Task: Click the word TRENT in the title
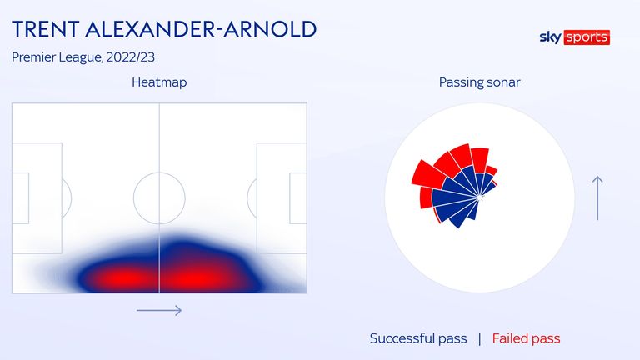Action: pyautogui.click(x=46, y=29)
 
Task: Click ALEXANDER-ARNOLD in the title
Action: pyautogui.click(x=201, y=29)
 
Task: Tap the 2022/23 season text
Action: pyautogui.click(x=130, y=57)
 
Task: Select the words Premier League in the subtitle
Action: pyautogui.click(x=57, y=57)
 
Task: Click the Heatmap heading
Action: pyautogui.click(x=159, y=82)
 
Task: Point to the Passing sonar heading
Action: pyautogui.click(x=480, y=82)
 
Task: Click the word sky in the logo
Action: pyautogui.click(x=550, y=37)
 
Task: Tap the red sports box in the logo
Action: pyautogui.click(x=587, y=37)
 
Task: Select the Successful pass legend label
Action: pyautogui.click(x=418, y=338)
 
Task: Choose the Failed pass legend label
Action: pyautogui.click(x=526, y=338)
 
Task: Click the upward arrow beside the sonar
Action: pyautogui.click(x=597, y=198)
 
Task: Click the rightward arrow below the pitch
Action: pyautogui.click(x=159, y=310)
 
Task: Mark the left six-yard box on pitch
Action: pyautogui.click(x=28, y=198)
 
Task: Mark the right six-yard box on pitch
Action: pyautogui.click(x=290, y=198)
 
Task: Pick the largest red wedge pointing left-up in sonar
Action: pyautogui.click(x=427, y=174)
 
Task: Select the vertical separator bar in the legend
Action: pyautogui.click(x=480, y=339)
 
